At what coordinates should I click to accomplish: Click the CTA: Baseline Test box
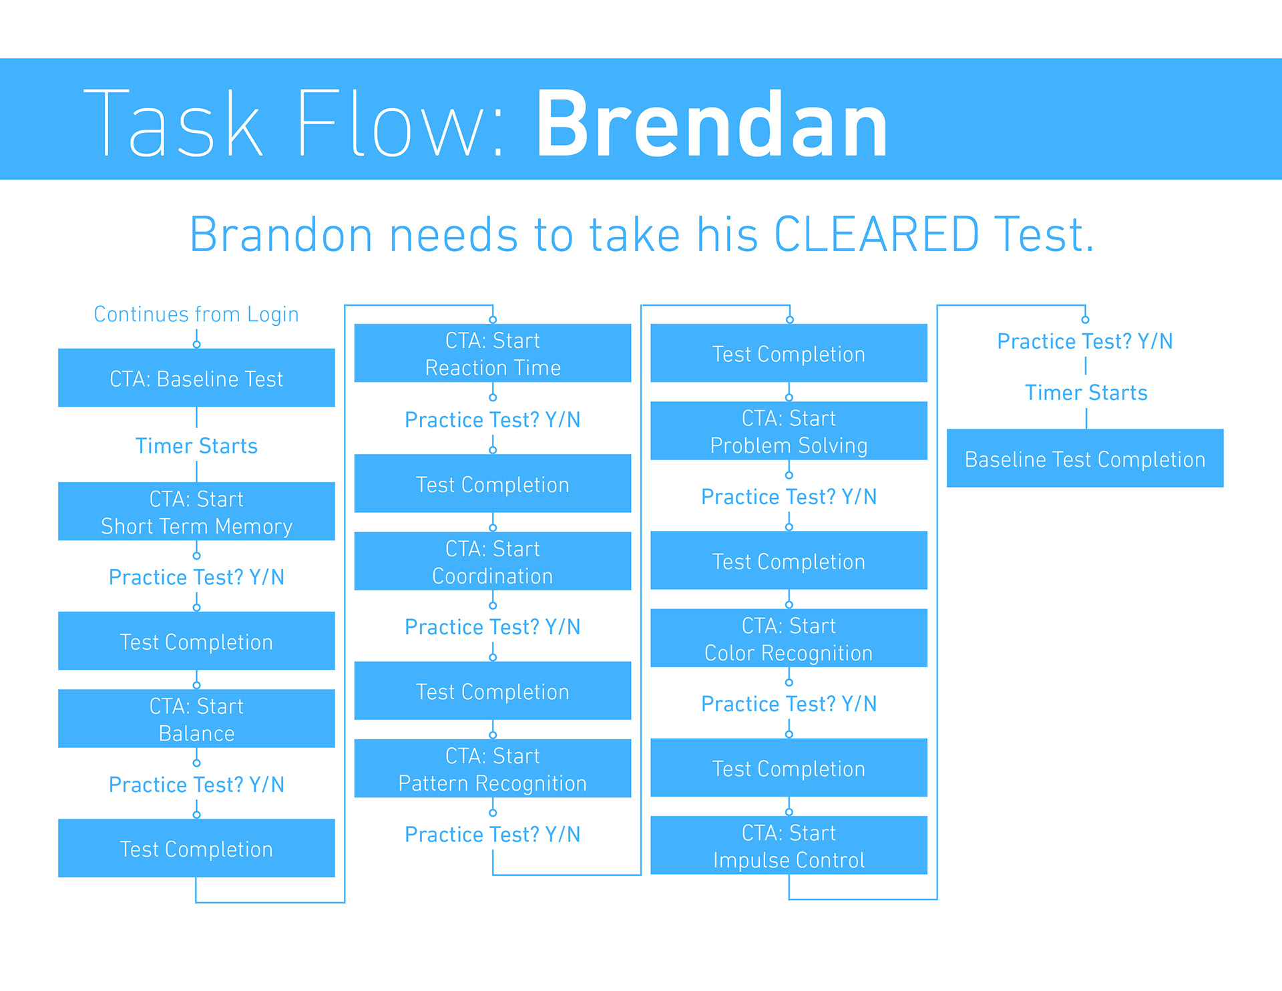tap(196, 378)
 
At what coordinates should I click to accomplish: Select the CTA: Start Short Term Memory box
tap(196, 512)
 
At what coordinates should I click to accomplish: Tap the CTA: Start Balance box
tap(196, 719)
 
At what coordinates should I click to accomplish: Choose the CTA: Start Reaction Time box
tap(492, 353)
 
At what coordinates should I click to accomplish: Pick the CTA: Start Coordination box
tap(492, 561)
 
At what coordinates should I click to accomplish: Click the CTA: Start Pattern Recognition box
tap(492, 769)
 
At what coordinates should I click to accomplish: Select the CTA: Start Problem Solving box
tap(789, 431)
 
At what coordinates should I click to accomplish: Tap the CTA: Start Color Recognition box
tap(789, 638)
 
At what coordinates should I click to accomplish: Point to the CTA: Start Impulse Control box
tap(789, 845)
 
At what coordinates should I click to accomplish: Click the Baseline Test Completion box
tap(1085, 459)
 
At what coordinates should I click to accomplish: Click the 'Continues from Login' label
tap(196, 315)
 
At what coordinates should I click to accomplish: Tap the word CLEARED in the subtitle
tap(877, 235)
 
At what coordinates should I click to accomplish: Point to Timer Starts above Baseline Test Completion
tap(1086, 393)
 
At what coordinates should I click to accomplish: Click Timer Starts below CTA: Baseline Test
tap(196, 445)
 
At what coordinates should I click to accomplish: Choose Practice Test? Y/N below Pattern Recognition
tap(492, 834)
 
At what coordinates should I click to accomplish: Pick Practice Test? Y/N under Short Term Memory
tap(196, 577)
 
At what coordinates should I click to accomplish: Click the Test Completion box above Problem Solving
tap(789, 353)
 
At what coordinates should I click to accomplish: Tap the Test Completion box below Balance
tap(196, 848)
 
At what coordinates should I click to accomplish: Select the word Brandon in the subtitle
tap(281, 235)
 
